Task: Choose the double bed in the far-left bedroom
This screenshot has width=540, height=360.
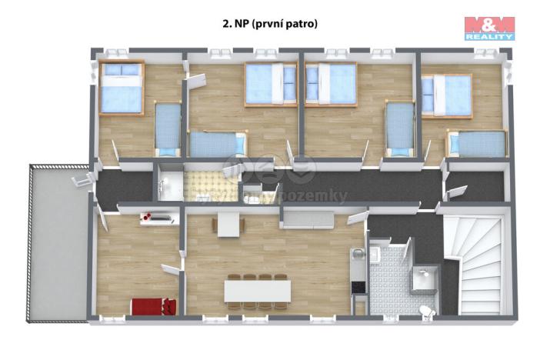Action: coord(121,88)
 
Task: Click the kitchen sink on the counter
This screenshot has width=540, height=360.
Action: coord(357,255)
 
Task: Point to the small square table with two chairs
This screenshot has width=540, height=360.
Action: coord(228,225)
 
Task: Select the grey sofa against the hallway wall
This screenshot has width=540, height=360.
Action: coord(307,220)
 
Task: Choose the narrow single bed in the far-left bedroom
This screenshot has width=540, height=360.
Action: coord(168,125)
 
